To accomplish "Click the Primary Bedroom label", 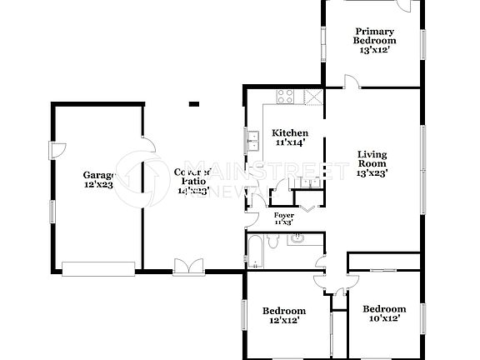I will tap(373, 40).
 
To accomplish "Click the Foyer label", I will tap(283, 217).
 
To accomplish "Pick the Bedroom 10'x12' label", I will tap(384, 313).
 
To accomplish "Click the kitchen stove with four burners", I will tap(285, 95).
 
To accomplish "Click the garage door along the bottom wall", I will tap(97, 267).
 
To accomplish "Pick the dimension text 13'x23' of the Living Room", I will tap(372, 174).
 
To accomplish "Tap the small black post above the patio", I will tap(193, 104).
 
